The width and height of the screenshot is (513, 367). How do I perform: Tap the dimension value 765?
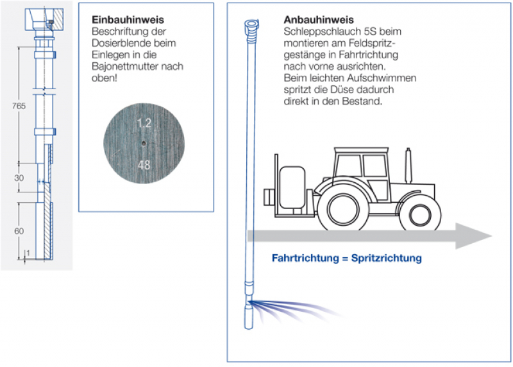19,107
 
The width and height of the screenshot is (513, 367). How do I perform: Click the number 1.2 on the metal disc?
144,121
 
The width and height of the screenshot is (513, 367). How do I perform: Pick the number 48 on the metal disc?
144,166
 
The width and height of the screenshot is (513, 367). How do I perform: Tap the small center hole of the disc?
145,144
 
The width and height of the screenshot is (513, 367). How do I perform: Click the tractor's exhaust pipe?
408,164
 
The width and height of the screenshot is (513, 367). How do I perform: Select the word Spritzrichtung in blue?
387,259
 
